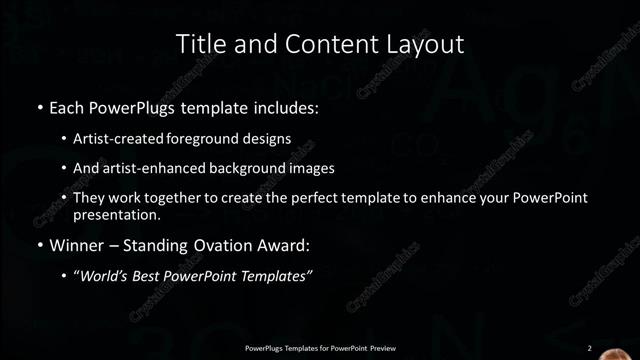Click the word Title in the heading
click(x=198, y=44)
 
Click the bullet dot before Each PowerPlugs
click(x=39, y=106)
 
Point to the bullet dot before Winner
click(x=39, y=244)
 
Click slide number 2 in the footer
click(x=589, y=348)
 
